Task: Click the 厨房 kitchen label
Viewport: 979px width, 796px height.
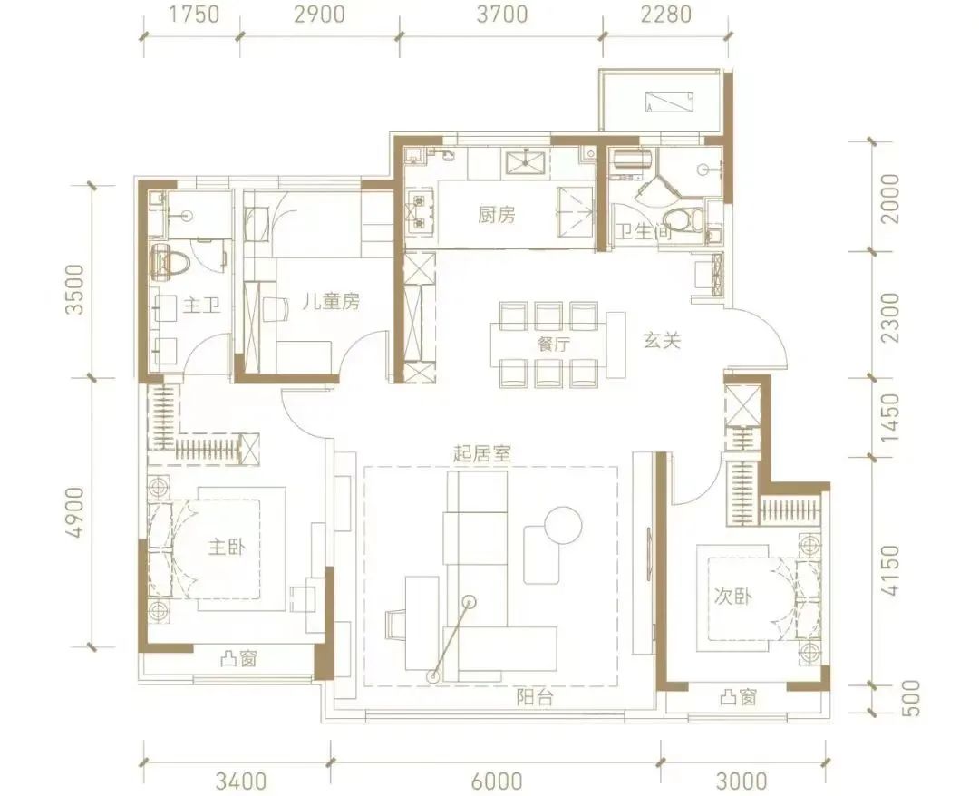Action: [497, 216]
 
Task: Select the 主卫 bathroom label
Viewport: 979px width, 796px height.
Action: [201, 306]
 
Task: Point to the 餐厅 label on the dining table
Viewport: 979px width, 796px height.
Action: [553, 344]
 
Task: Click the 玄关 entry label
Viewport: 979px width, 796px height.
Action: [662, 341]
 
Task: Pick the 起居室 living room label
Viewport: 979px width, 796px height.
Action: [482, 453]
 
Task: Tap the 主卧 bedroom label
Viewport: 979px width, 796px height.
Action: [226, 548]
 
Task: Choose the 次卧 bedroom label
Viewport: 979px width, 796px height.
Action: [732, 597]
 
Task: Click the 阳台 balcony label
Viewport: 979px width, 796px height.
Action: [535, 697]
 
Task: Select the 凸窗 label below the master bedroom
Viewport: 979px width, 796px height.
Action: [238, 659]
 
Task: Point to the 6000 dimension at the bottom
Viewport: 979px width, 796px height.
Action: [497, 781]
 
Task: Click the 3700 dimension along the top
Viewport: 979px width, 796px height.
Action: [502, 14]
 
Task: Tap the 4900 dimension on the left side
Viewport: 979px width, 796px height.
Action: [74, 512]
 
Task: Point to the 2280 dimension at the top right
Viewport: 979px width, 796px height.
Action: [666, 14]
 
